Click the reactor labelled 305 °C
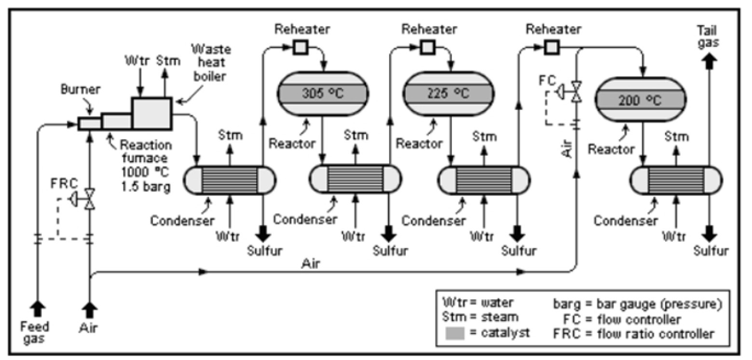pos(323,94)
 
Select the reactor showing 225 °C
pos(449,94)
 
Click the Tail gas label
pos(709,36)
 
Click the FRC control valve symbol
pos(89,198)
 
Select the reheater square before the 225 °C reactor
pos(427,47)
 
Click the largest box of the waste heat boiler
pos(151,113)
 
